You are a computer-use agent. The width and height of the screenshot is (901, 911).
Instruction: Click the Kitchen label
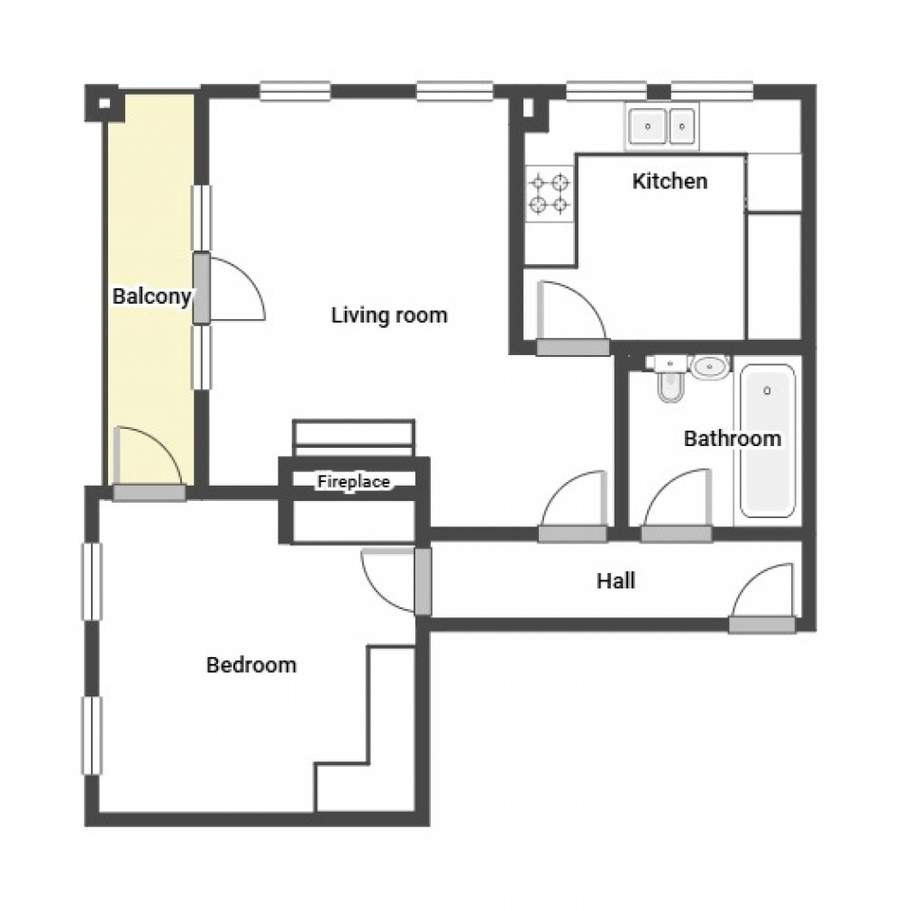click(x=669, y=181)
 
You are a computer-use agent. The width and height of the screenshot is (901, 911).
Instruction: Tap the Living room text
click(x=389, y=315)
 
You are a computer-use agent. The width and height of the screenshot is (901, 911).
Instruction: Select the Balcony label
click(x=151, y=296)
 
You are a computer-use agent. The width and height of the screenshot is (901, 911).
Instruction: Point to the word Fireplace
click(x=353, y=482)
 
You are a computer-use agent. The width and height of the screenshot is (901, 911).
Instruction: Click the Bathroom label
click(x=732, y=440)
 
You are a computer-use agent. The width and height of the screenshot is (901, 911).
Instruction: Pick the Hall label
click(x=615, y=581)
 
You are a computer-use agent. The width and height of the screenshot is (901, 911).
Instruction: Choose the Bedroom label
click(x=251, y=666)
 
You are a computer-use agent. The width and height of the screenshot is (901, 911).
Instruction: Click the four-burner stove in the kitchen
click(x=550, y=194)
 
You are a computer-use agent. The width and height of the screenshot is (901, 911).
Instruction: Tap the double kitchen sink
click(x=662, y=125)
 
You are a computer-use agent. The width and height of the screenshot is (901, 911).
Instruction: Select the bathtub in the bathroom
click(x=767, y=441)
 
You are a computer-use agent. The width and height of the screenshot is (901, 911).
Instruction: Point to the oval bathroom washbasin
click(x=712, y=367)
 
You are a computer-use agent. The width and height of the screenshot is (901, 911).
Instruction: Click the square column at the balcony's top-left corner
click(x=105, y=102)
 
